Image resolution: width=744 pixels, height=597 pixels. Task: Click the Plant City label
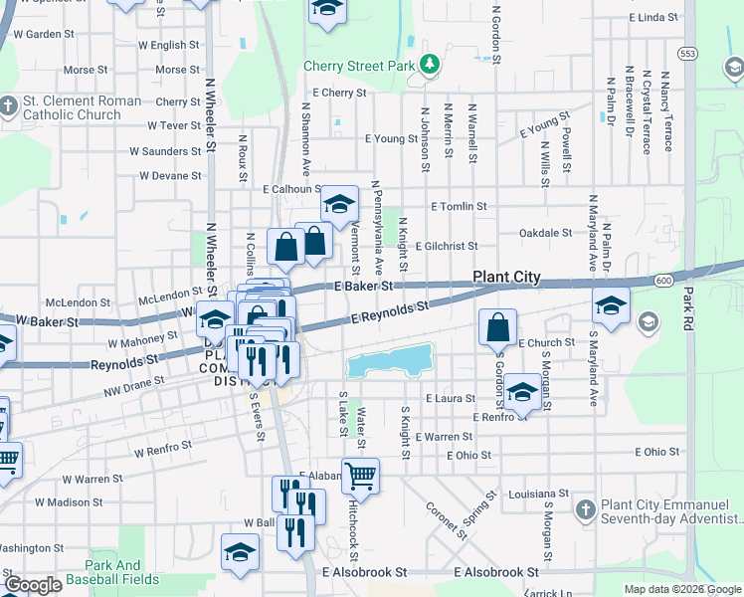506,278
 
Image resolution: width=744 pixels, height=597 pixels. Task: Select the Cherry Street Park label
359,67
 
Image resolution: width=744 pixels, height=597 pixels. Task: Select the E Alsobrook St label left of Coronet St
365,573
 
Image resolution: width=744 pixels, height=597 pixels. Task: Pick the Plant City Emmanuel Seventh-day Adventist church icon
586,509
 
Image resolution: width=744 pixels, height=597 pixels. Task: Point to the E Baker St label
365,286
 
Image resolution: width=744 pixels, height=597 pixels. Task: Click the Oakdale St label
546,234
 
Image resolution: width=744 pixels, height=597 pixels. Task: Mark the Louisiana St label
537,494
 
